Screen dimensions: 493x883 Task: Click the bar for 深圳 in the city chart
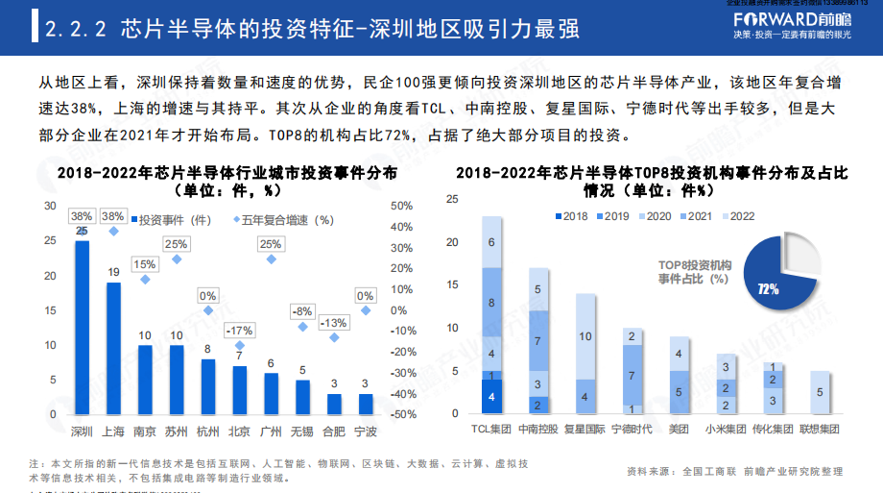tap(83, 327)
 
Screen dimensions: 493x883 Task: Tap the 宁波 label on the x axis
tap(366, 431)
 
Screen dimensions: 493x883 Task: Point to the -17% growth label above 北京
tap(240, 331)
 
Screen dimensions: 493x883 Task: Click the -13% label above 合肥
tap(333, 323)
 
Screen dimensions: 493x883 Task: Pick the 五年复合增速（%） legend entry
tap(284, 219)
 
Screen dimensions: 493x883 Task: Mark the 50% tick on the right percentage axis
tap(401, 206)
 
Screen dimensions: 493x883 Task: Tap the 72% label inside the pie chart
tap(768, 287)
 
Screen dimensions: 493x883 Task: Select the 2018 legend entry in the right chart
tap(569, 216)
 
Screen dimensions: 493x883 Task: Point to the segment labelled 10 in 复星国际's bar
tap(585, 336)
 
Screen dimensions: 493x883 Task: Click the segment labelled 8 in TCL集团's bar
tap(492, 303)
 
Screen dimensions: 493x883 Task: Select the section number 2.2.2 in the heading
tap(77, 30)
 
